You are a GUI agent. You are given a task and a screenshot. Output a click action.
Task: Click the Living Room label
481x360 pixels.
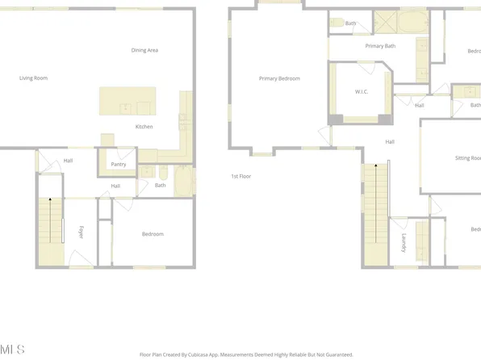[34, 78]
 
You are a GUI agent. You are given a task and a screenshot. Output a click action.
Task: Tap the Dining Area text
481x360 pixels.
[144, 50]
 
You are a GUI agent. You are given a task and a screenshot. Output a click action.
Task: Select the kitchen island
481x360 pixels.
[127, 101]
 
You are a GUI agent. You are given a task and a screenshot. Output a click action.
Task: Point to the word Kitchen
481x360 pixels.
[144, 127]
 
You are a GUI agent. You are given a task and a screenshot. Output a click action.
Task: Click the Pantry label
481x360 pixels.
[118, 164]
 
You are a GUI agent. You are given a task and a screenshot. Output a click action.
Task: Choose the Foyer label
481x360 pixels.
[82, 233]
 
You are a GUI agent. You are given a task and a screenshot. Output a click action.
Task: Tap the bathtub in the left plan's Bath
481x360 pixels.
[184, 181]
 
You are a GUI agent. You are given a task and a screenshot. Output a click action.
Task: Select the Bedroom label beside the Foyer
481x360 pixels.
[153, 234]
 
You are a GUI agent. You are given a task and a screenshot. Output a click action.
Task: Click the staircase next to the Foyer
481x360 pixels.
[50, 230]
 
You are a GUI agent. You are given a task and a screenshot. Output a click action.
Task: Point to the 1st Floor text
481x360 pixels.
[241, 176]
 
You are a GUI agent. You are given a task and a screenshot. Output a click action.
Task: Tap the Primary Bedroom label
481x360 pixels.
[279, 78]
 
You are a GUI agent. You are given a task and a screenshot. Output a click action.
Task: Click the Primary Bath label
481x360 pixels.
[380, 46]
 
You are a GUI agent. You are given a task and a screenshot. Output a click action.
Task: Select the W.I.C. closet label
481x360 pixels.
[362, 91]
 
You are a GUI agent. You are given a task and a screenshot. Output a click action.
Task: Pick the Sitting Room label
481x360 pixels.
[468, 158]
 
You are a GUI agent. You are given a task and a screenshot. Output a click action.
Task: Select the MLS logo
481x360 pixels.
[13, 349]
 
